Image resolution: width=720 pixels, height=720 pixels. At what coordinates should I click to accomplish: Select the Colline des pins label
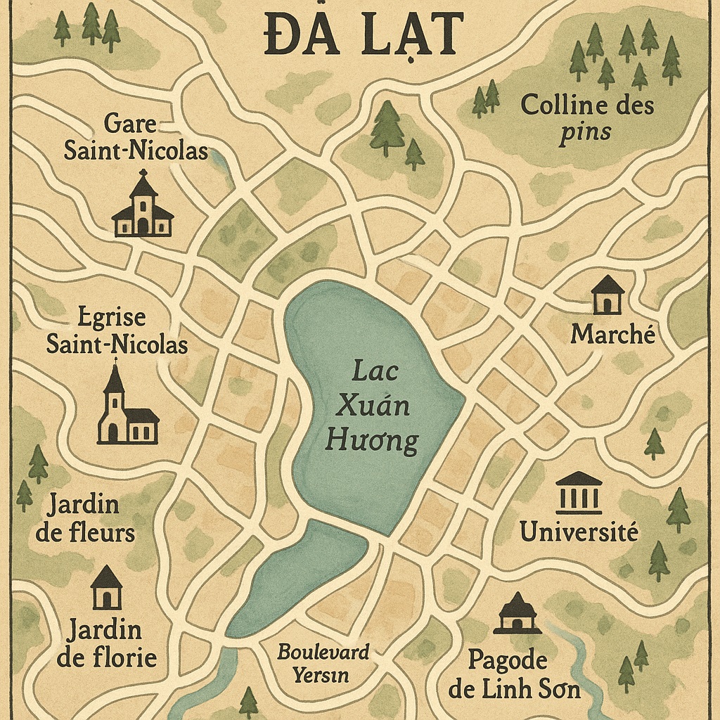pos(587,118)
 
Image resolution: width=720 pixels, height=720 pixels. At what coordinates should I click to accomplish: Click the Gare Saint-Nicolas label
pos(136,137)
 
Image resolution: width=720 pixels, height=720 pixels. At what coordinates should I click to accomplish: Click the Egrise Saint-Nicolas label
pos(117,331)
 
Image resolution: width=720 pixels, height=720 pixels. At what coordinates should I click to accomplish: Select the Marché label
pos(612,334)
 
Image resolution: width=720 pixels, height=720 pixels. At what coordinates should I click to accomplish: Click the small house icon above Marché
pos(607,295)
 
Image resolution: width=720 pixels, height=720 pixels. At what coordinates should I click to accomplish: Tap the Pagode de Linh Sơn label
pos(515,674)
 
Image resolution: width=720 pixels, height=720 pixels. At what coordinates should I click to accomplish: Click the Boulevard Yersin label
pos(323,663)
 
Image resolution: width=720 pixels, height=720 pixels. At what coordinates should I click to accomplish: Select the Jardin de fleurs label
pos(84,518)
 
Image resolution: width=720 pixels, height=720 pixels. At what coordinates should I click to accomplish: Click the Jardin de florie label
pos(106,643)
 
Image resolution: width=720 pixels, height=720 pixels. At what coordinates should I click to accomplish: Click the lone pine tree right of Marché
pos(654,444)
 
